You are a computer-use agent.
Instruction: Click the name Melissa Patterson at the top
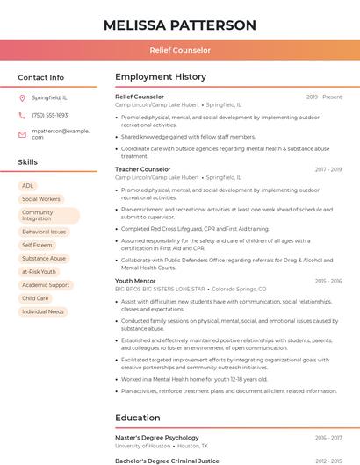[x=180, y=25]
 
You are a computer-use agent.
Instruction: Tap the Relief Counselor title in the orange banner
[x=180, y=51]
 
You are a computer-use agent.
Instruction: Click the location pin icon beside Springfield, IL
[x=22, y=97]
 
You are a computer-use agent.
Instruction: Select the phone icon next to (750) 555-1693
[x=22, y=115]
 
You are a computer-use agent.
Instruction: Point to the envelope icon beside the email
[x=22, y=133]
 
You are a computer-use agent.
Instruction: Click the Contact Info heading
[x=41, y=77]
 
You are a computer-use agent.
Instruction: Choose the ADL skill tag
[x=28, y=186]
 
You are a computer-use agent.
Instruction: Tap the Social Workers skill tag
[x=41, y=199]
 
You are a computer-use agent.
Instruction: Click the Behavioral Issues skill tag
[x=44, y=232]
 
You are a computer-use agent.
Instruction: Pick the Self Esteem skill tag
[x=37, y=246]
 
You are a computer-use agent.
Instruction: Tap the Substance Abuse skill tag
[x=44, y=259]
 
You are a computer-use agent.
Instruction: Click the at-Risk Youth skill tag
[x=39, y=272]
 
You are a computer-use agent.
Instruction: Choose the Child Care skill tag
[x=35, y=298]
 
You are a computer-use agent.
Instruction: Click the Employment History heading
[x=161, y=77]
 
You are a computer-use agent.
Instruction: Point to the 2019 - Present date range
[x=324, y=97]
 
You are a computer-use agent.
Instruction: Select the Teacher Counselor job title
[x=143, y=169]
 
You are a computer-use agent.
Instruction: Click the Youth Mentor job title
[x=135, y=281]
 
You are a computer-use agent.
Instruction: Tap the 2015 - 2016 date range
[x=328, y=281]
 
